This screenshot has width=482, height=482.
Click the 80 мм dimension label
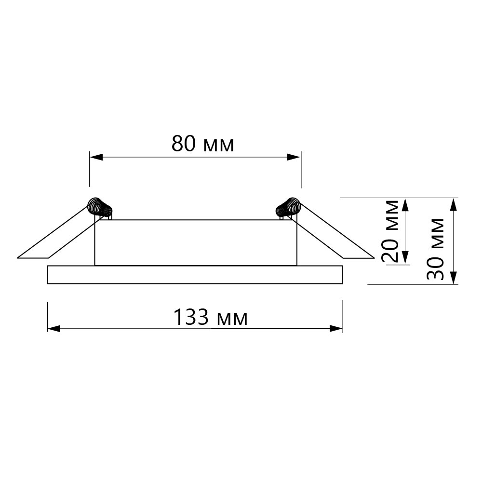pyautogui.click(x=203, y=144)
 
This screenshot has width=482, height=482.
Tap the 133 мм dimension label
pyautogui.click(x=211, y=317)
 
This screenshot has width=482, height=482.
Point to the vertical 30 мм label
pyautogui.click(x=436, y=249)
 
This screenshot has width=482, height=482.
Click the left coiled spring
pyautogui.click(x=100, y=208)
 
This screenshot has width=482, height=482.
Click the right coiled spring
pyautogui.click(x=288, y=208)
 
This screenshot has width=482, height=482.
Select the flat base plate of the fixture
pyautogui.click(x=195, y=275)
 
